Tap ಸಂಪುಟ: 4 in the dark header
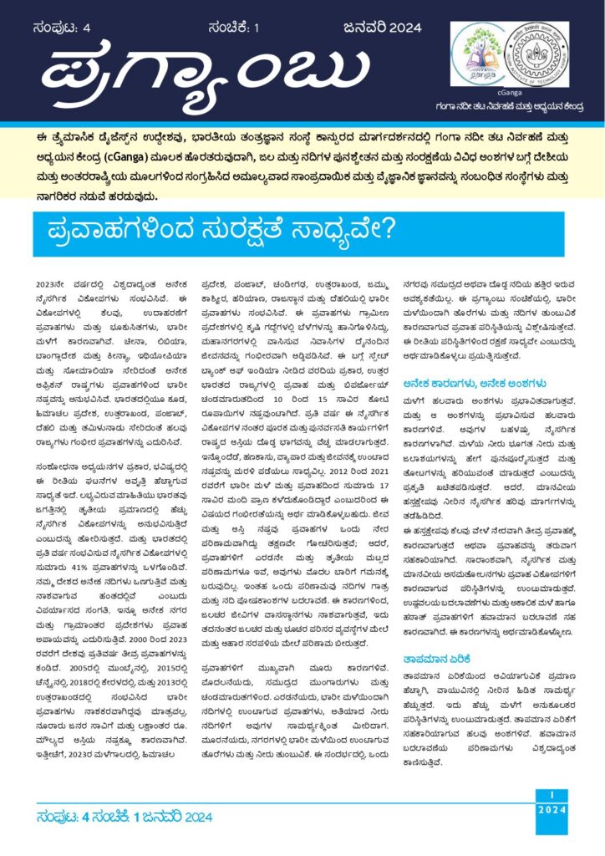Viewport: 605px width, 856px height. [65, 27]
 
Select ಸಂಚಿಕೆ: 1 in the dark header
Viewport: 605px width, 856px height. [235, 27]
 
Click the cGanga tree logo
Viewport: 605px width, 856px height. [484, 54]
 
